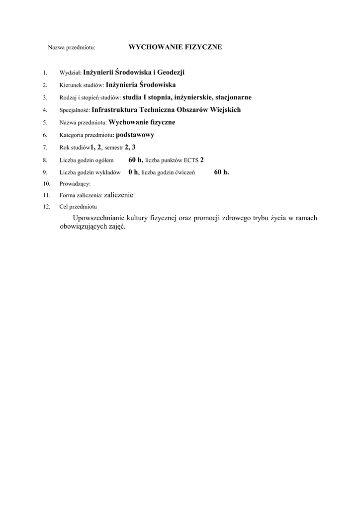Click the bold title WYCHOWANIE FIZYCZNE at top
(x=175, y=47)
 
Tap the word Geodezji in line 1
(x=171, y=73)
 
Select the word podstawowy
(x=135, y=135)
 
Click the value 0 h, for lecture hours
(x=134, y=172)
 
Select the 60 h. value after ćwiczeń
(x=222, y=172)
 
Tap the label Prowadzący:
(x=75, y=184)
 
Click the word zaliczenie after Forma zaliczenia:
(x=119, y=195)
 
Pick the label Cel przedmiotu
(x=78, y=207)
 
